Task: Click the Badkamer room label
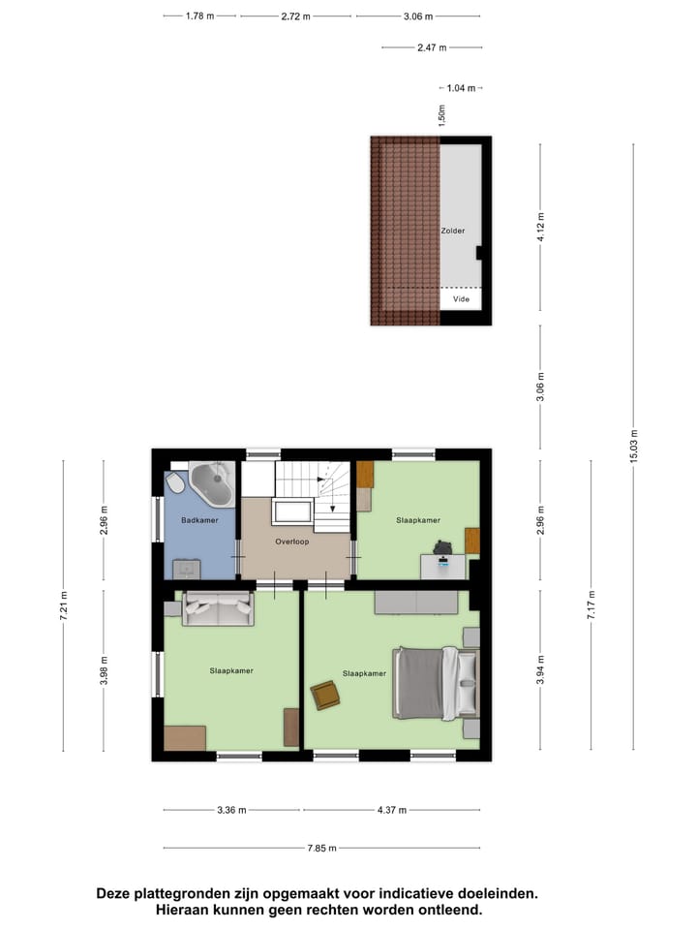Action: pyautogui.click(x=199, y=520)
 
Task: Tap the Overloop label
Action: pyautogui.click(x=291, y=542)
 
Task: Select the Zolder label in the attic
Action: pyautogui.click(x=452, y=231)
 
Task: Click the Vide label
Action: pyautogui.click(x=461, y=299)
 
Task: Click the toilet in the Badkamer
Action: pyautogui.click(x=176, y=481)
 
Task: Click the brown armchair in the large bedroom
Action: pyautogui.click(x=325, y=695)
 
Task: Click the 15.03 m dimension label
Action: pyautogui.click(x=633, y=447)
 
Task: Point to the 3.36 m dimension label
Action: pyautogui.click(x=232, y=810)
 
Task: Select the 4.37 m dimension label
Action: pyautogui.click(x=391, y=810)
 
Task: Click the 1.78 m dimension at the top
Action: pyautogui.click(x=198, y=16)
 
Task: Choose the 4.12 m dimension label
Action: pyautogui.click(x=540, y=231)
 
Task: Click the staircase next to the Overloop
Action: pyautogui.click(x=317, y=489)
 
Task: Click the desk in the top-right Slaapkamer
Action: pyautogui.click(x=443, y=565)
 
